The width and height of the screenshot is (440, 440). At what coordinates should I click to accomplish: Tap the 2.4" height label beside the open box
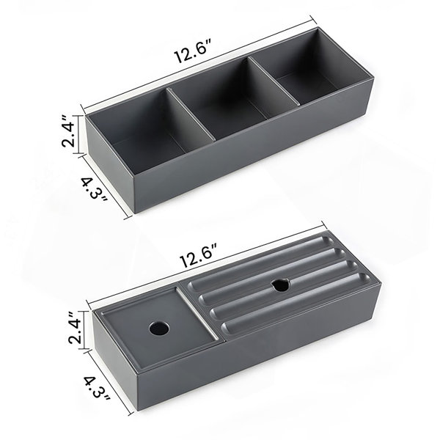(x=68, y=131)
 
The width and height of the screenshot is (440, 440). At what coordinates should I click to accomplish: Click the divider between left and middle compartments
(x=191, y=114)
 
